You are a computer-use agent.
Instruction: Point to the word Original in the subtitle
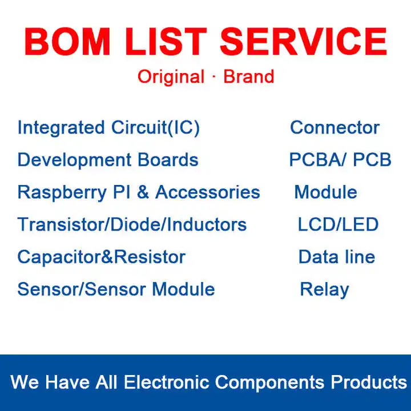click(171, 76)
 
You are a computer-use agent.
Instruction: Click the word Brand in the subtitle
click(248, 76)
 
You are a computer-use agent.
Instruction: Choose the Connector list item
click(335, 127)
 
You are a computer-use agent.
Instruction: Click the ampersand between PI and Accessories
click(143, 192)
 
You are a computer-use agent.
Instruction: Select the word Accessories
click(207, 192)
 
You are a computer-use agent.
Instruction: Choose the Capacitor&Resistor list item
click(101, 257)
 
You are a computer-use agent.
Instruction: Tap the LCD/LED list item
click(338, 224)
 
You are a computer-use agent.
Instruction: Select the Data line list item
click(337, 257)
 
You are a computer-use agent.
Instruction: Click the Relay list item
click(324, 289)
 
